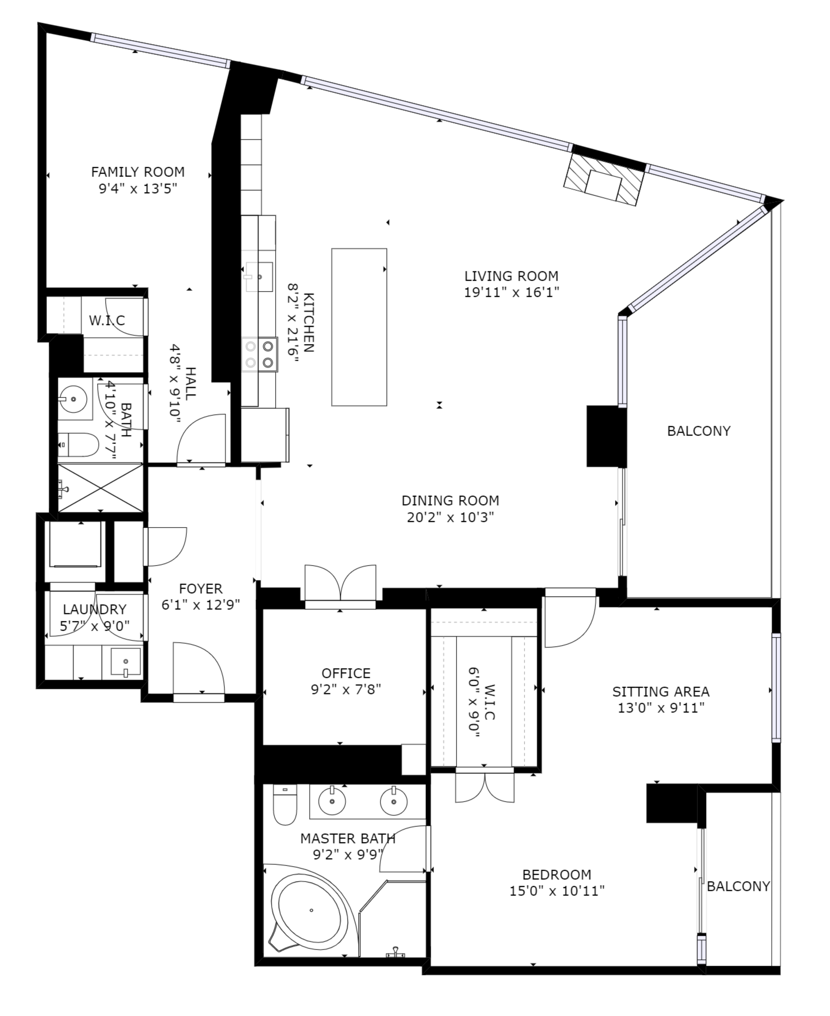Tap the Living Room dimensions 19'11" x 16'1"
[x=512, y=292]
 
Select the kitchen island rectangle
[x=359, y=327]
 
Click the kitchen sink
[x=259, y=277]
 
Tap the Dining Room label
[x=450, y=500]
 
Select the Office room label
[x=346, y=673]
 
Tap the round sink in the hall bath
[x=73, y=398]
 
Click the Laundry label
[x=95, y=609]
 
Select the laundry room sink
[x=126, y=662]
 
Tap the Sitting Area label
[x=661, y=692]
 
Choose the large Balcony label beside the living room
[x=699, y=431]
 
